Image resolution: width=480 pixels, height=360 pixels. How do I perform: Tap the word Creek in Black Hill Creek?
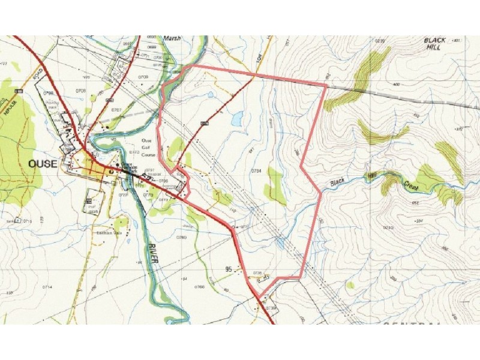(x=412, y=186)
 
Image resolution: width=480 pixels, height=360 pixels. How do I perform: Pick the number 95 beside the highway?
(x=229, y=269)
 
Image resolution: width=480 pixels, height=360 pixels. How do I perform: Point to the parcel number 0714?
(x=46, y=287)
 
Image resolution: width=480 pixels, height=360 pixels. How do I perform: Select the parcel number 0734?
(x=257, y=171)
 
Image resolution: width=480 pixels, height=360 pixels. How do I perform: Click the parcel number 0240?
(x=388, y=228)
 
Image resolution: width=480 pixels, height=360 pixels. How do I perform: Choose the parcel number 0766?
(x=200, y=288)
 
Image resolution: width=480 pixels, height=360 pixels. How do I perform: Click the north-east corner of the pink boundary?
(x=326, y=86)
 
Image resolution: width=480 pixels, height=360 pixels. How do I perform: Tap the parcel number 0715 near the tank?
(x=27, y=222)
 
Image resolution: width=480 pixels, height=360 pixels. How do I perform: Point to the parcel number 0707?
(x=116, y=110)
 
